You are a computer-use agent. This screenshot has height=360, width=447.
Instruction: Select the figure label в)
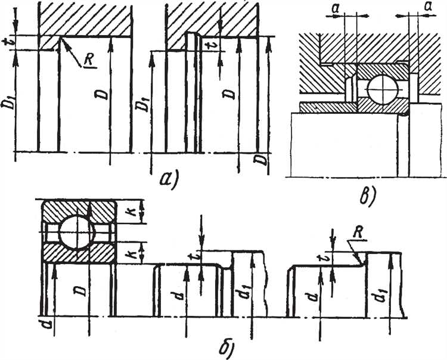click(368, 196)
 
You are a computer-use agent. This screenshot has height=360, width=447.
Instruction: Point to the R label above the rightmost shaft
click(357, 233)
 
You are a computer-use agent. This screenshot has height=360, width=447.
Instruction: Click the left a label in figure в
click(336, 9)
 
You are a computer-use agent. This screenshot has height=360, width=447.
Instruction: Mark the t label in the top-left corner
click(7, 43)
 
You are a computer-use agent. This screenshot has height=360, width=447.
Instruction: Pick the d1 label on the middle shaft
click(243, 291)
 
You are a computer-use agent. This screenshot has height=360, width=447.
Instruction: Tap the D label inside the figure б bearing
click(79, 291)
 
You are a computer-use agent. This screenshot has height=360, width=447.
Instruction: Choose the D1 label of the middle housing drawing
click(142, 102)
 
